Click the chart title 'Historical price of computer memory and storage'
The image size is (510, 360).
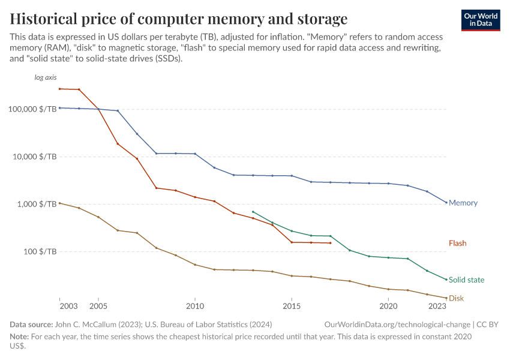coord(179,18)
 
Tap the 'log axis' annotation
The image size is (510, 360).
coord(46,77)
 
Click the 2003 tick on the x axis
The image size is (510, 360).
coord(69,306)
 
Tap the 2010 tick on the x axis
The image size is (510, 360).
coord(195,306)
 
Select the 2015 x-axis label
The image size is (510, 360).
coord(292,306)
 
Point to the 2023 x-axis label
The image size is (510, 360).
coord(437,306)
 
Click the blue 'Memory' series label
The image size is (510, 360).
coord(463,203)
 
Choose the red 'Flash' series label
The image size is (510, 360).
coord(457,243)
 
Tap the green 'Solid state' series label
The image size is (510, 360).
coord(466,280)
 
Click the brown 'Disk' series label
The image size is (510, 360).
coord(456,298)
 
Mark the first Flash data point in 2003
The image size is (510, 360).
coord(60,89)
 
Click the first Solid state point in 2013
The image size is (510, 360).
coord(253,212)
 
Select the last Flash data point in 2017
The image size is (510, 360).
coord(331,243)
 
